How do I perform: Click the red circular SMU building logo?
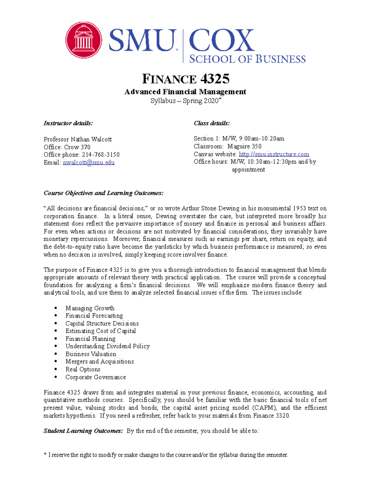(x=83, y=40)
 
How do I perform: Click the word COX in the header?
(x=221, y=40)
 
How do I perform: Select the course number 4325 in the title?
(x=215, y=79)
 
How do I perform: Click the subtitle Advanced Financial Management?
(x=185, y=92)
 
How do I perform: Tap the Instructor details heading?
(x=68, y=123)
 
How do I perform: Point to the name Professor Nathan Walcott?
(x=78, y=139)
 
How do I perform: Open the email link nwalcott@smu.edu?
(x=89, y=163)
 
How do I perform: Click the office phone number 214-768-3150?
(x=100, y=155)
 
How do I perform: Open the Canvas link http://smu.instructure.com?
(x=274, y=154)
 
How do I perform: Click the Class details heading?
(x=212, y=123)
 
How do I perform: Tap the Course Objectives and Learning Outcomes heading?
(x=104, y=193)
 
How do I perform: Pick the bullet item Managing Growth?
(x=90, y=308)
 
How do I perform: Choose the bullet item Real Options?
(x=83, y=369)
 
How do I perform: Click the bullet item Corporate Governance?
(x=96, y=377)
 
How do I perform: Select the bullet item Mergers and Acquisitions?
(x=100, y=362)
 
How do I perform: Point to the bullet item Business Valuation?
(x=91, y=354)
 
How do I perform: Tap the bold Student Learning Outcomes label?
(x=83, y=431)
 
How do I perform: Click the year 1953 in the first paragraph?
(x=300, y=209)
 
